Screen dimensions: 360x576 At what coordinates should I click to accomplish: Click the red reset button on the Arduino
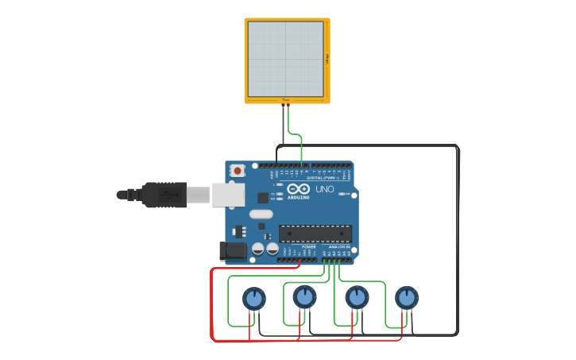click(238, 170)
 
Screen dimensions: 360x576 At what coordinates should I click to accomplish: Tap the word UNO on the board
click(325, 190)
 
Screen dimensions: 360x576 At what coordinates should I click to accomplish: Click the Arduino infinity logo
click(299, 189)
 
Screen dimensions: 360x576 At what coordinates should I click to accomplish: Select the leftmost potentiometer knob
click(253, 299)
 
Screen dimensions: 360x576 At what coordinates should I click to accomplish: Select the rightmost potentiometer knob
click(407, 298)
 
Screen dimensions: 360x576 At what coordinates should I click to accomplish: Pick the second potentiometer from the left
click(304, 297)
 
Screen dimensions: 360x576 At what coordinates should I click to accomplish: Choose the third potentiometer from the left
click(357, 297)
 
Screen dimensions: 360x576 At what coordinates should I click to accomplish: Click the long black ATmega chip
click(315, 234)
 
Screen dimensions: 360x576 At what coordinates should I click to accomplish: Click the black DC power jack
click(232, 251)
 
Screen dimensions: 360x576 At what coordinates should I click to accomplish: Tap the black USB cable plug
click(164, 195)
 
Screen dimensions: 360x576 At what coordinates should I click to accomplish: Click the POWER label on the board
click(308, 247)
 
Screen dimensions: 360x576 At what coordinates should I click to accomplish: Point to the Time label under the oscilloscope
click(285, 100)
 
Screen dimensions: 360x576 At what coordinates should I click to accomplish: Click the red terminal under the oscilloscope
click(288, 106)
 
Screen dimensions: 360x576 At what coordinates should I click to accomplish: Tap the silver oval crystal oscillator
click(261, 214)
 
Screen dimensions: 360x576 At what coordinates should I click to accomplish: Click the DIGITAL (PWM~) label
click(321, 178)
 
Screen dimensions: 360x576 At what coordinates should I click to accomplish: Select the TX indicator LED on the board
click(274, 193)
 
